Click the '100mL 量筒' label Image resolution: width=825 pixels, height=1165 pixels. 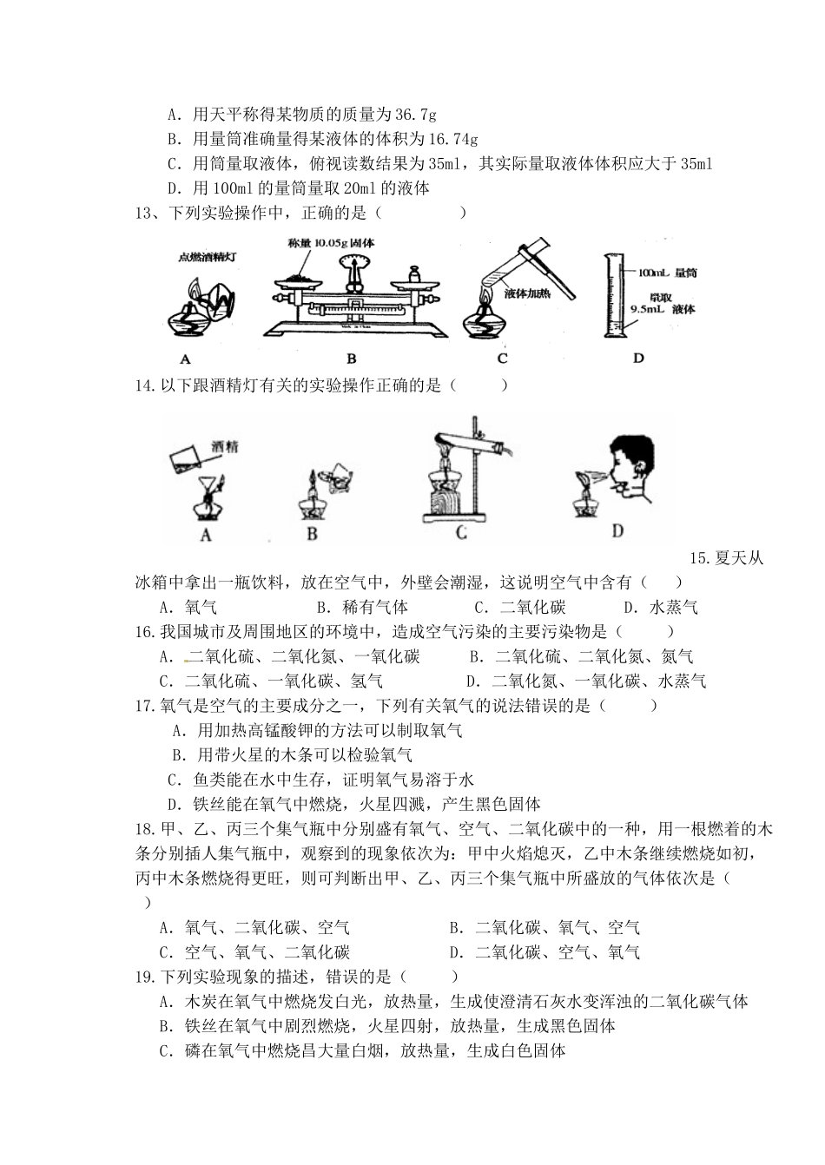pyautogui.click(x=670, y=273)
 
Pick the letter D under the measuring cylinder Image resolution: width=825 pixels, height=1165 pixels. pyautogui.click(x=638, y=357)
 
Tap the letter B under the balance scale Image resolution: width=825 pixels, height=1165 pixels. pyautogui.click(x=352, y=357)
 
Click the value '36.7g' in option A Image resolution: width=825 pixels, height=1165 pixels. pyautogui.click(x=415, y=114)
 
